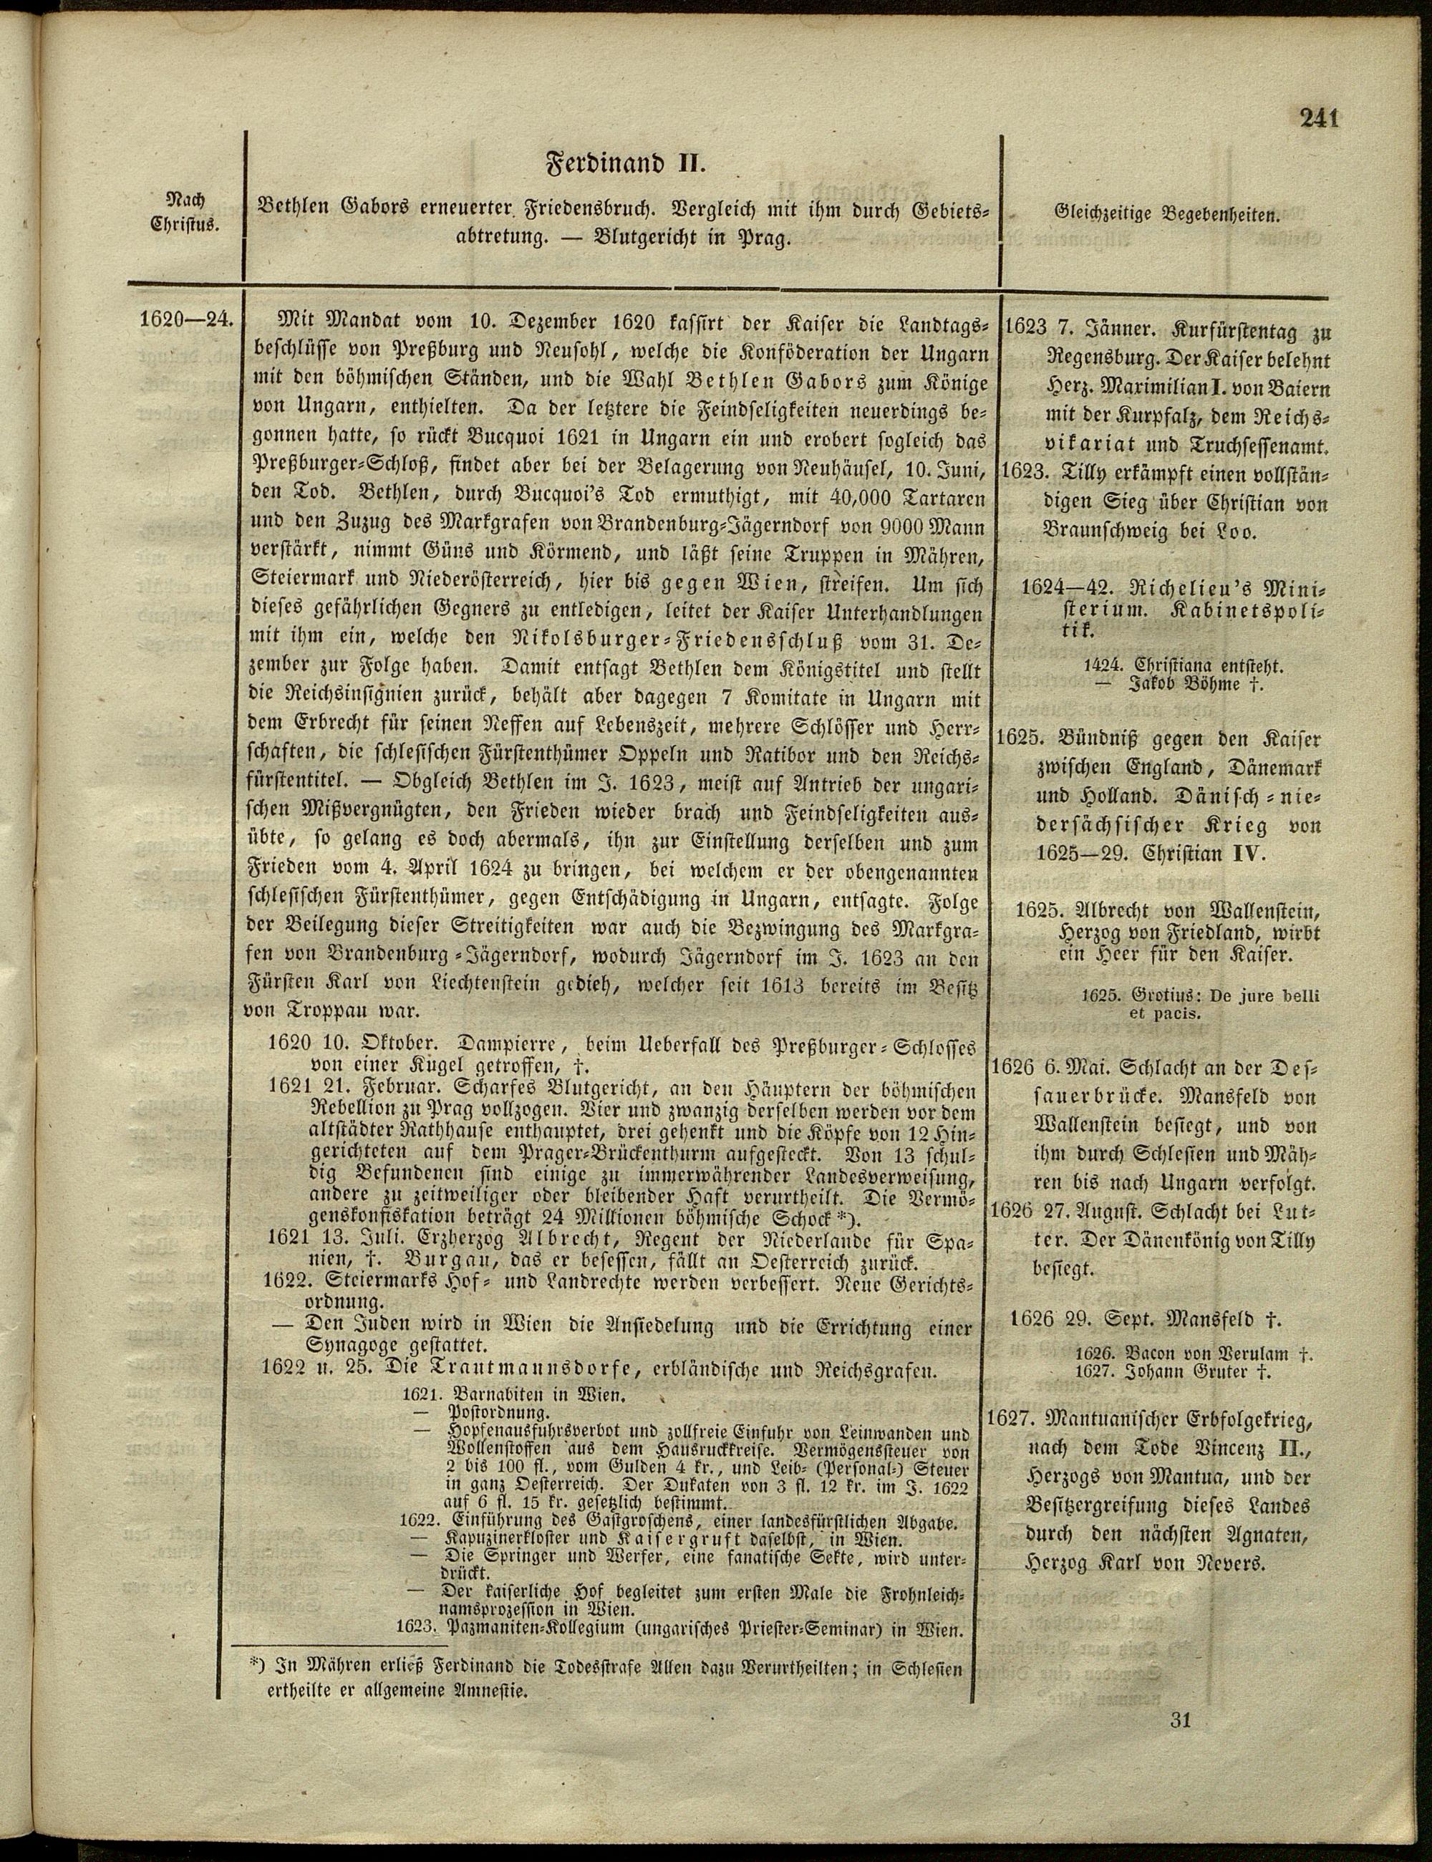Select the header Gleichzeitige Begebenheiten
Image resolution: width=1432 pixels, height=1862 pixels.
pos(1168,215)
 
